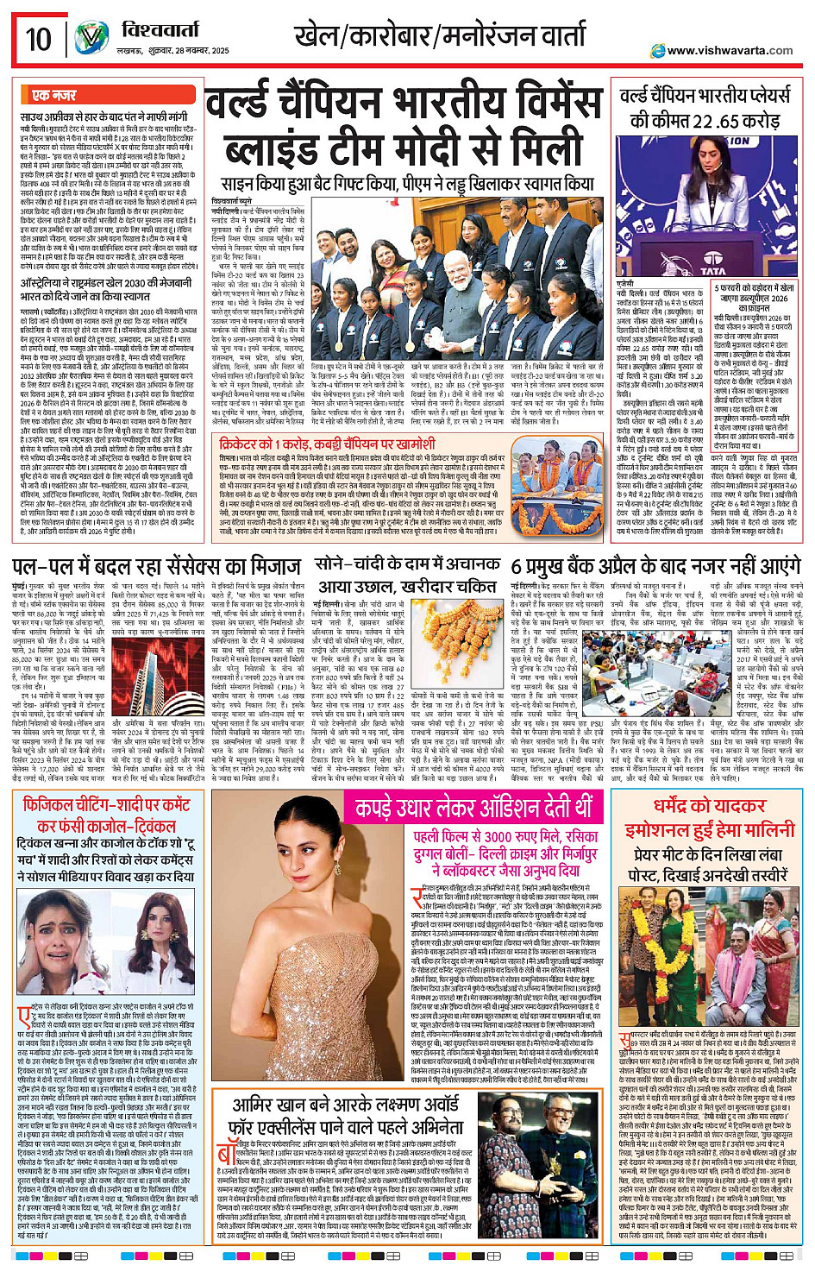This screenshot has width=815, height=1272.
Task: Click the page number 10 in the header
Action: click(x=38, y=39)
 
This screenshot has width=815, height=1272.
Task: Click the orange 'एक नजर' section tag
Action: click(x=53, y=95)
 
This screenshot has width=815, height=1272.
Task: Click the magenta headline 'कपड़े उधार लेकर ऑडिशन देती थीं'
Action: click(x=473, y=809)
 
